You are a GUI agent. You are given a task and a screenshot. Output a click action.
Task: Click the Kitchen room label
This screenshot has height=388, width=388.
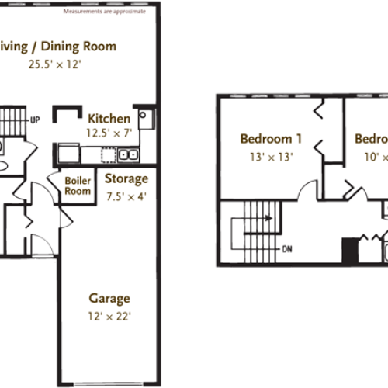(x=108, y=120)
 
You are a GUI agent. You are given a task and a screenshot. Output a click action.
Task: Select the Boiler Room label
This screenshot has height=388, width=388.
(x=78, y=187)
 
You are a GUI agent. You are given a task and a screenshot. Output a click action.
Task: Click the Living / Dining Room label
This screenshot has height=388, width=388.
(x=58, y=47)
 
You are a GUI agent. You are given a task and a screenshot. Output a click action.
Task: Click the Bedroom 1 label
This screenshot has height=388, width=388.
(x=271, y=140)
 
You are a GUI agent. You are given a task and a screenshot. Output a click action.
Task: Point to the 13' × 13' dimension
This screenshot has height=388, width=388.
(x=271, y=156)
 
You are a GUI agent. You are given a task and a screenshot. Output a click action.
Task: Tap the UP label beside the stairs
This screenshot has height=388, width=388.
(x=35, y=121)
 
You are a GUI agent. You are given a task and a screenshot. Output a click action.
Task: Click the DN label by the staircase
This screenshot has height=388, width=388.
(x=286, y=250)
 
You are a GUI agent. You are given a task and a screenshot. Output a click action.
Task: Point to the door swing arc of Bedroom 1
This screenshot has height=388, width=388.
(x=320, y=147)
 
